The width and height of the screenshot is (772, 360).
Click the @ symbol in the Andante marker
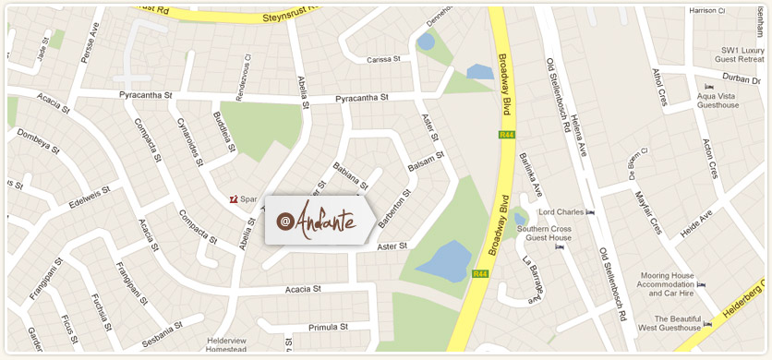(285, 222)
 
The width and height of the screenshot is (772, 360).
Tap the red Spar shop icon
(235, 198)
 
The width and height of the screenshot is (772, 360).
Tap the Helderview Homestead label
(226, 345)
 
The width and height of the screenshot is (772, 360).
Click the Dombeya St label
(38, 140)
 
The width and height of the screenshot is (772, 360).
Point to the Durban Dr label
(742, 78)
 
